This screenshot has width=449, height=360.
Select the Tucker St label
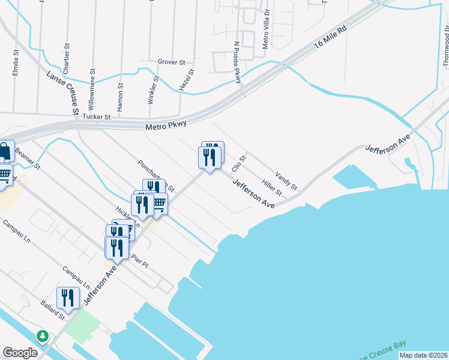[x=98, y=117]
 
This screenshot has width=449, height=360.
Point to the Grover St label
[x=171, y=62]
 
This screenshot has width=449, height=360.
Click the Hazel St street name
[x=187, y=80]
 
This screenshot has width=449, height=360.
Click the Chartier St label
[x=66, y=58]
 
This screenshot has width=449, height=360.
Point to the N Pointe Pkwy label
[x=238, y=62]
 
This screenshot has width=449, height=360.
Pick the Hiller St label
[x=272, y=187]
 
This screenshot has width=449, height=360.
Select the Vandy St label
[x=286, y=181]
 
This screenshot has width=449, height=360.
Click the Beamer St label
[x=28, y=157]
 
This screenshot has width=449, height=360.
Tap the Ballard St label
[x=53, y=310]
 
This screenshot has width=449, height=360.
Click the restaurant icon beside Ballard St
[x=68, y=298]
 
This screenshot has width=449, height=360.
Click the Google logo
[x=20, y=353]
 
